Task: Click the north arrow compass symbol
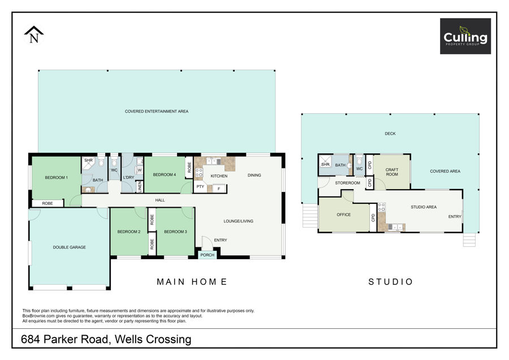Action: (34, 35)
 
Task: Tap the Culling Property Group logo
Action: (465, 36)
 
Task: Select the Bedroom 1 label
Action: (57, 178)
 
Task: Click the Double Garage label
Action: (70, 247)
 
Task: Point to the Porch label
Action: (208, 255)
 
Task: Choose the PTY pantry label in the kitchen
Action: (200, 186)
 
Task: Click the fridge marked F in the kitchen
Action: (219, 188)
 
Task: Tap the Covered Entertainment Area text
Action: (157, 111)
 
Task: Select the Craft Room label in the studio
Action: (392, 172)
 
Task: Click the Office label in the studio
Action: (344, 215)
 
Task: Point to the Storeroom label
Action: (348, 183)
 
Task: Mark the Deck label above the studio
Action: (390, 134)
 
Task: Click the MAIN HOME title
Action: (192, 282)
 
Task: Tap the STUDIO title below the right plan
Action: (390, 282)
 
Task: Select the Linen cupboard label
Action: (140, 186)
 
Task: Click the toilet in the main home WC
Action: (114, 162)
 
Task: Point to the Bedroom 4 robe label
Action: (189, 168)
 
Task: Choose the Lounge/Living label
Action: (238, 221)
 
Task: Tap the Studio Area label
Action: (424, 207)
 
